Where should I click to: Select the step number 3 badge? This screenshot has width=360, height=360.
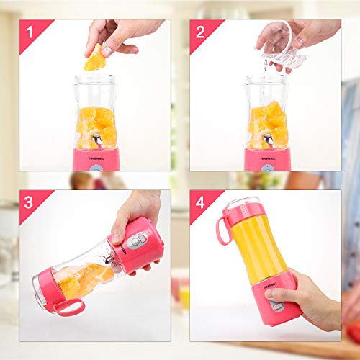click(x=29, y=202)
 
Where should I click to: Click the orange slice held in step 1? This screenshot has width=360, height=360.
click(x=94, y=58)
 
